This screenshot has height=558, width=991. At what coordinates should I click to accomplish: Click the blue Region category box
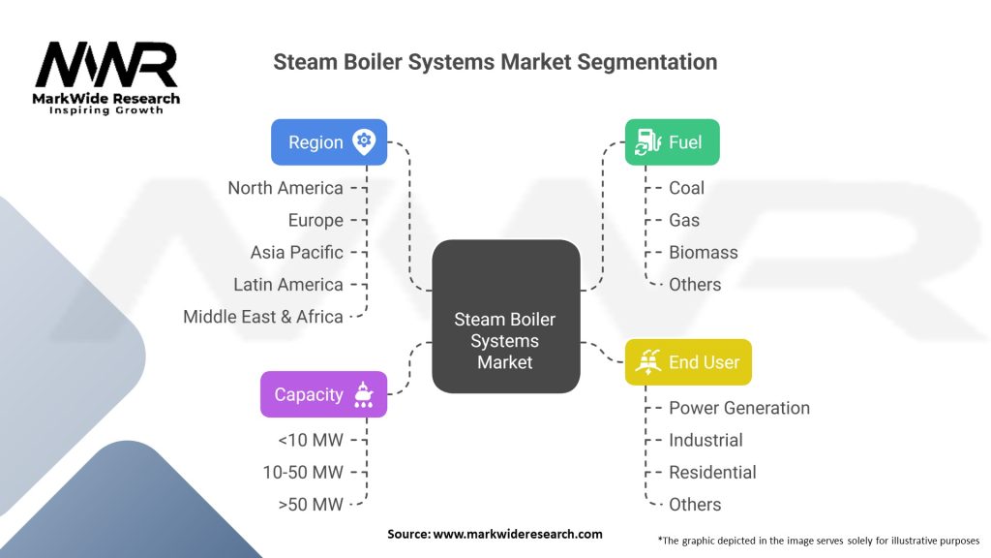pyautogui.click(x=329, y=142)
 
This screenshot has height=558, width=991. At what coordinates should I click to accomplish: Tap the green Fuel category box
pyautogui.click(x=672, y=142)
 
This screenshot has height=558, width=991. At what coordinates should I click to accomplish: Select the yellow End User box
pyautogui.click(x=688, y=362)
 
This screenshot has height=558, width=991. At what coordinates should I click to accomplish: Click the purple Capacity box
pyautogui.click(x=323, y=394)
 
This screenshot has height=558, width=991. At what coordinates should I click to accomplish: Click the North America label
pyautogui.click(x=285, y=188)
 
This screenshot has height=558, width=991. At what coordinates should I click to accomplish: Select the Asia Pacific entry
pyautogui.click(x=297, y=252)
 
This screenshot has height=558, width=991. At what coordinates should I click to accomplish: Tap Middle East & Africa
pyautogui.click(x=263, y=316)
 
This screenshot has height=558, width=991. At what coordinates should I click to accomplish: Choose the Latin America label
pyautogui.click(x=288, y=284)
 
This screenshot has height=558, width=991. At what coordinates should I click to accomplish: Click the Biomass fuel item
pyautogui.click(x=704, y=252)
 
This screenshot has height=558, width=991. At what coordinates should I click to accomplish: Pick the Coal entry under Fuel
pyautogui.click(x=686, y=188)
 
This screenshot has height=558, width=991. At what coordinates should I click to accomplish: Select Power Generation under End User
pyautogui.click(x=739, y=408)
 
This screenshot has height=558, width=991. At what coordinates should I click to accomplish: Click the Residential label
pyautogui.click(x=712, y=472)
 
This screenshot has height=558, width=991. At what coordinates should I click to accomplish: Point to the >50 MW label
pyautogui.click(x=311, y=504)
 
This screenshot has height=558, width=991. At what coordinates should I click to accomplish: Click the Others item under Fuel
pyautogui.click(x=695, y=284)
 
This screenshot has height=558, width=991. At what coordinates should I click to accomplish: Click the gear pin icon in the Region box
pyautogui.click(x=364, y=141)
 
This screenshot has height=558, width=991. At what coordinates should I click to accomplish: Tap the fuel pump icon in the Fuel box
pyautogui.click(x=646, y=142)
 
